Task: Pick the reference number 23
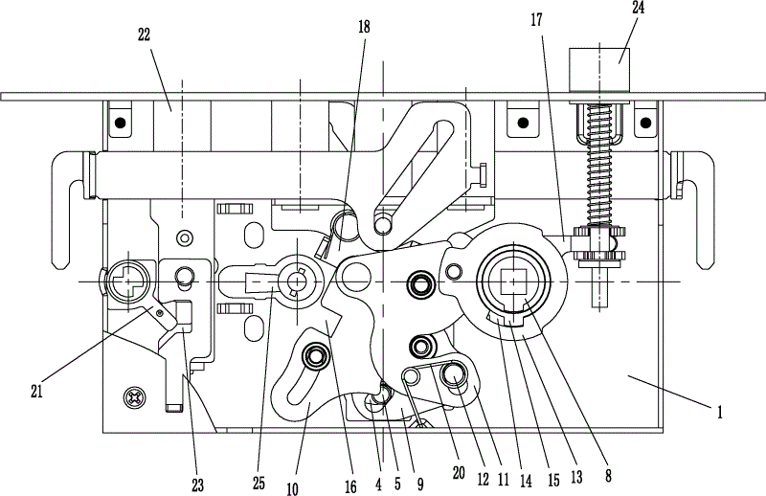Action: pyautogui.click(x=197, y=485)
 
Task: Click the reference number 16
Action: pyautogui.click(x=351, y=486)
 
